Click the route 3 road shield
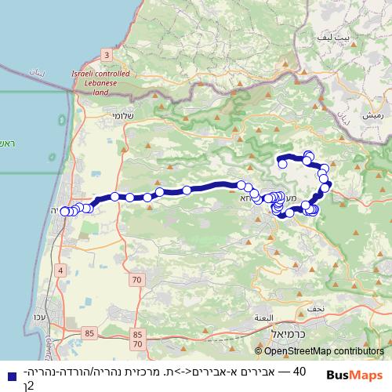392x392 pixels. (x=106, y=54)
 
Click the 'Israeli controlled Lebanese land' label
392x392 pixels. (x=100, y=82)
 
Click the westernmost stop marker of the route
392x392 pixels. (x=64, y=211)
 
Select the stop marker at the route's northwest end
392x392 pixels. (x=279, y=162)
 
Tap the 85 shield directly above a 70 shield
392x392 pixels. (x=138, y=333)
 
